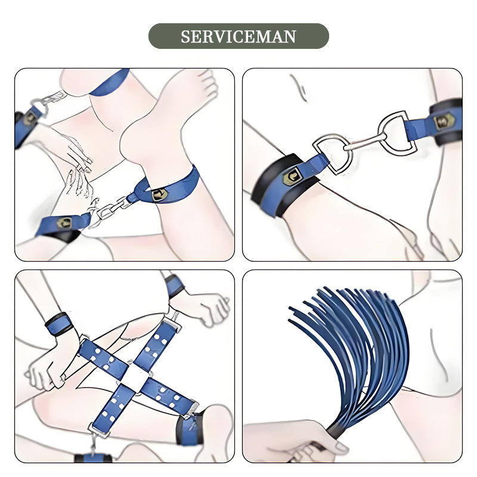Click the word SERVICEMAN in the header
(238, 36)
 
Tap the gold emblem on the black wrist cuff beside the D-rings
(290, 176)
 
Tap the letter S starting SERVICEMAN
(185, 36)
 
